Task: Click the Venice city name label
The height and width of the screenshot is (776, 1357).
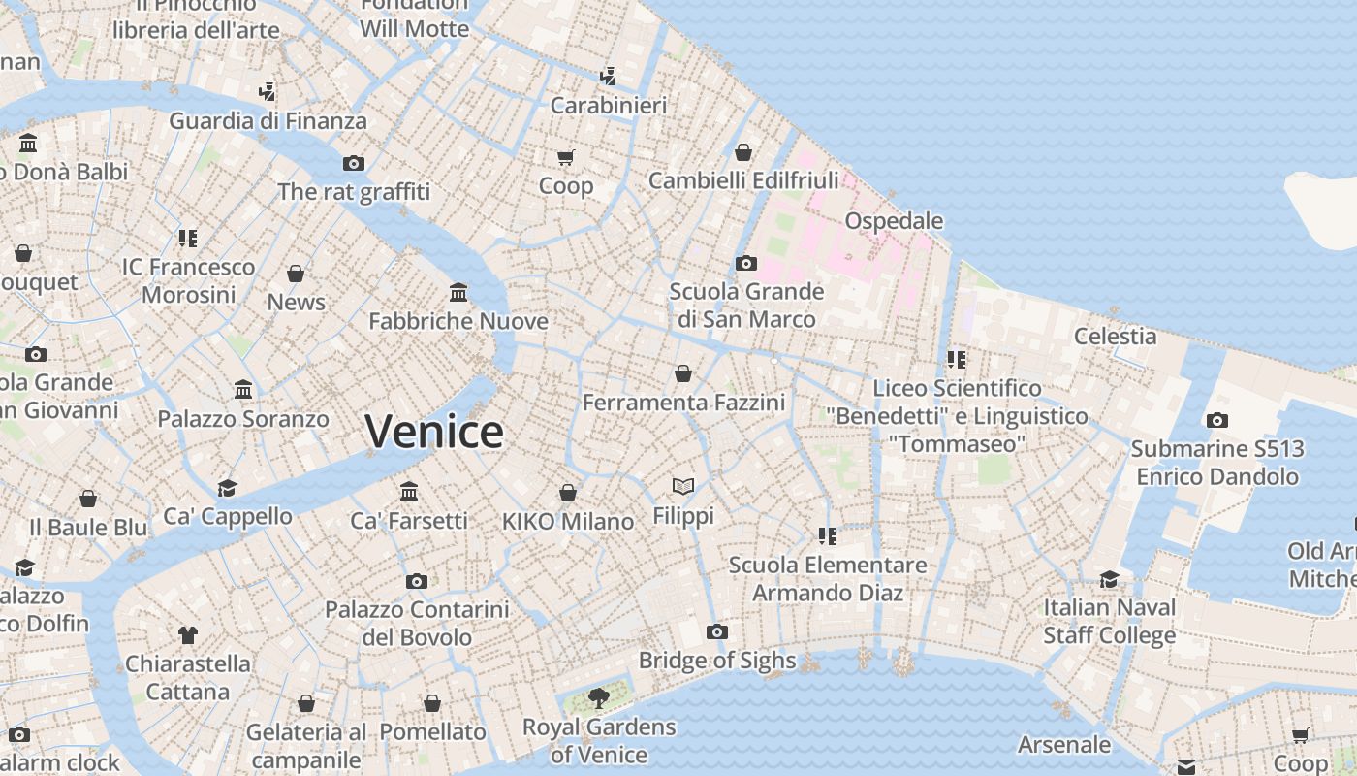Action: coord(434,431)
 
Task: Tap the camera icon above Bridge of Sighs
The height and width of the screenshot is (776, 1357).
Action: coord(717,632)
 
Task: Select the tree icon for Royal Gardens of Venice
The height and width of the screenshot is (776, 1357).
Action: coord(599,697)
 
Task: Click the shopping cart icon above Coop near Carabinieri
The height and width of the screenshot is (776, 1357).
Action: coord(565,157)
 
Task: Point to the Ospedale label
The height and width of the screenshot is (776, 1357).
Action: coord(894,221)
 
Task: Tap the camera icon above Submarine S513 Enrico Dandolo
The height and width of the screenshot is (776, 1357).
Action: coord(1217,420)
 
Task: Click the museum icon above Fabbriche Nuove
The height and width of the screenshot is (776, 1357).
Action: coord(458,292)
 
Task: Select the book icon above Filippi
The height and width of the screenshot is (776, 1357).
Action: coord(683,486)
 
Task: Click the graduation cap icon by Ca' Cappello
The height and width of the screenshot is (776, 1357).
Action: coord(227,488)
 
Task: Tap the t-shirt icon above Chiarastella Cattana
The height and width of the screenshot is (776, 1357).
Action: coord(188,635)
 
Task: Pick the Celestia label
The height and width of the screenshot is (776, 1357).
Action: coord(1115,337)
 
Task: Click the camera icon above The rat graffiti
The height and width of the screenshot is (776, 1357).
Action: coord(354,163)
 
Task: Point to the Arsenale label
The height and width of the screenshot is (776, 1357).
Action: coord(1064,745)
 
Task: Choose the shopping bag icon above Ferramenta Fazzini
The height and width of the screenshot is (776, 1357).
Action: coord(683,373)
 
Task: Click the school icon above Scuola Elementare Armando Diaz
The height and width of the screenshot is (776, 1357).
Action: coord(827,535)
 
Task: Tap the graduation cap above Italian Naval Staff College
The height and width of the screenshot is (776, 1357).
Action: coord(1109,579)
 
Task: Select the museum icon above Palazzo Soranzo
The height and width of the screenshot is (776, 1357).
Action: coord(243,390)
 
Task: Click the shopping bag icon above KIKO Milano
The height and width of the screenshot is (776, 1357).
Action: coord(568,493)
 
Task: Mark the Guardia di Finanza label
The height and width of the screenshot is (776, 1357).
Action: coord(268,121)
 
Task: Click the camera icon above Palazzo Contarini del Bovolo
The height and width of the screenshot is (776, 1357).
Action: coord(417,581)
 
